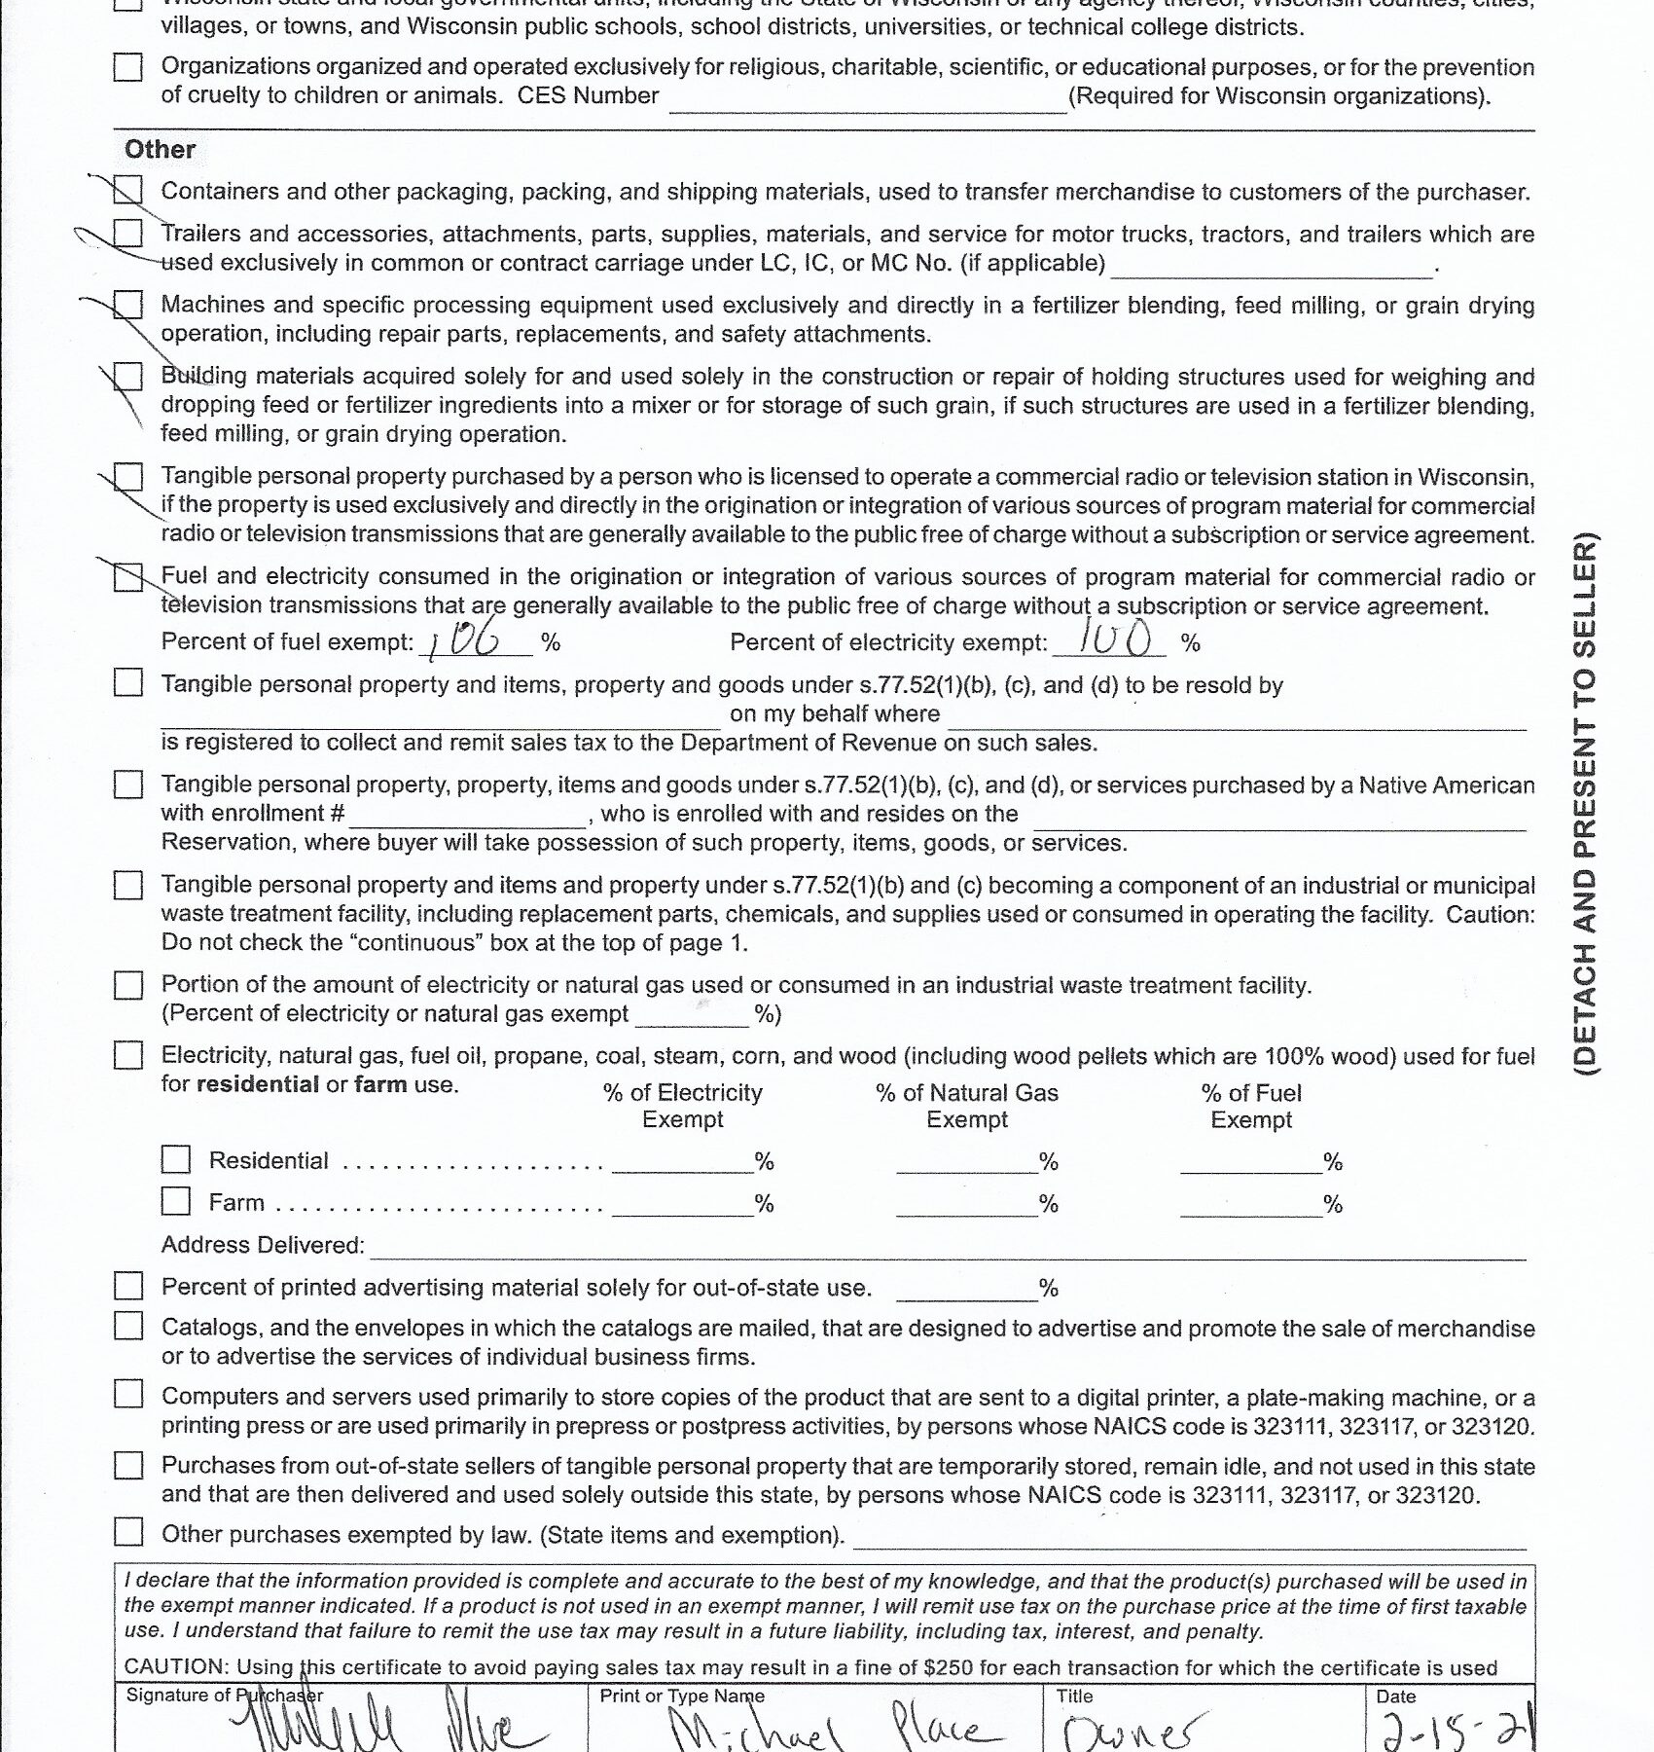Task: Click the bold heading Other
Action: click(x=160, y=150)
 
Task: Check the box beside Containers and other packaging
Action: click(x=128, y=190)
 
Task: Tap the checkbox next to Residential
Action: click(x=176, y=1159)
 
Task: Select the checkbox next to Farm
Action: click(x=176, y=1201)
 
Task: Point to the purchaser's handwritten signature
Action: click(x=389, y=1728)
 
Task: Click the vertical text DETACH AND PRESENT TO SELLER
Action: click(x=1586, y=803)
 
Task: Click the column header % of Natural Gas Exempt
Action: click(x=966, y=1106)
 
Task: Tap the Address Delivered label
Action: click(x=262, y=1245)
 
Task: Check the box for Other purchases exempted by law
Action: click(x=128, y=1532)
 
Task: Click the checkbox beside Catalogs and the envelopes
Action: click(x=128, y=1326)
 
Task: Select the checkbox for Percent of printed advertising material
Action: click(x=128, y=1286)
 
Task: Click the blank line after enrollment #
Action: click(x=467, y=816)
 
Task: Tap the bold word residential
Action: click(x=257, y=1084)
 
